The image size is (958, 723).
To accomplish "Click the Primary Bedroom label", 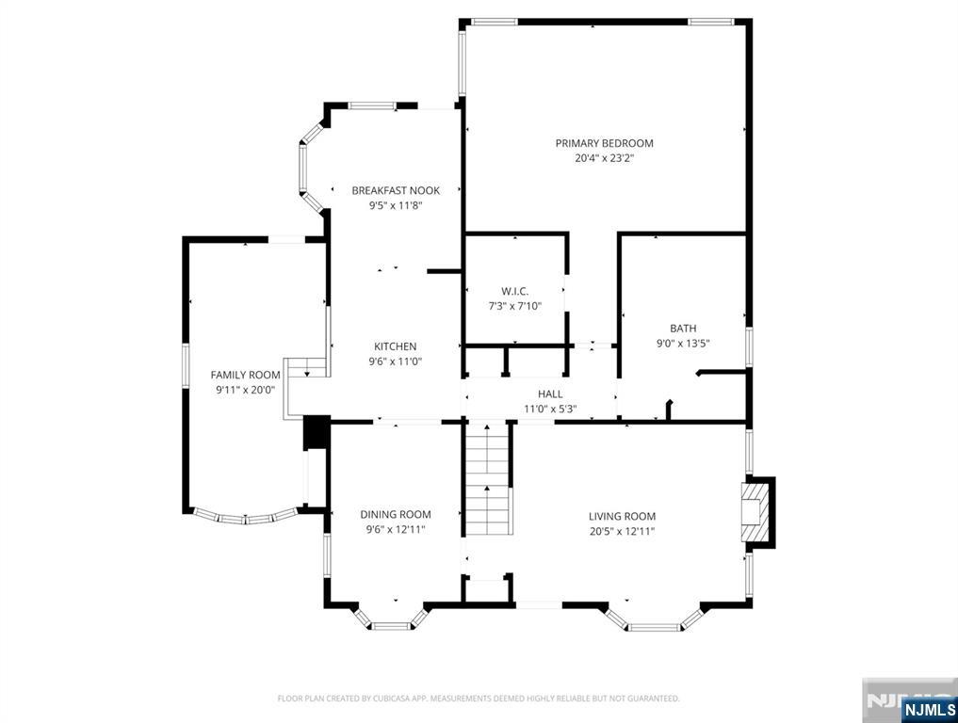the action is click(604, 143).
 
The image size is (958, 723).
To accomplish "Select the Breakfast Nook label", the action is click(396, 190).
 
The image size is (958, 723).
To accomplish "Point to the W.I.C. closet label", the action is click(514, 291).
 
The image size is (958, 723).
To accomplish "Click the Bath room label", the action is click(683, 329).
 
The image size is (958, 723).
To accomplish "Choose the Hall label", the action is click(550, 394).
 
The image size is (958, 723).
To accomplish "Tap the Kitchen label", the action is click(396, 346).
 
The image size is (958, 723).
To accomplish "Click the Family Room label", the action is click(246, 375).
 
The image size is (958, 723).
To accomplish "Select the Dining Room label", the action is click(396, 515).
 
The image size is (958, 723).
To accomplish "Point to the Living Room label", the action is click(622, 517).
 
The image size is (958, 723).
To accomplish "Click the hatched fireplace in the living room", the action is click(755, 512).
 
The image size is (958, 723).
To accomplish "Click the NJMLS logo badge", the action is click(929, 710).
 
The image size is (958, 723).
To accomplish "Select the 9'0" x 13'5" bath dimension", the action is click(683, 344).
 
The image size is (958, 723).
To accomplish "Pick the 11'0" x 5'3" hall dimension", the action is click(550, 410).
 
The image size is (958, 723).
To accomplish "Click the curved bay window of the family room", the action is click(246, 517).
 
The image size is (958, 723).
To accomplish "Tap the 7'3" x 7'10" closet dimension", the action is click(514, 307).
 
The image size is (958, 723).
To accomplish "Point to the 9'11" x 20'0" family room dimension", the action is click(246, 390).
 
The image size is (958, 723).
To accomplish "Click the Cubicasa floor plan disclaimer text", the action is click(479, 699).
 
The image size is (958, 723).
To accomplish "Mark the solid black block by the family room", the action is click(317, 432).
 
